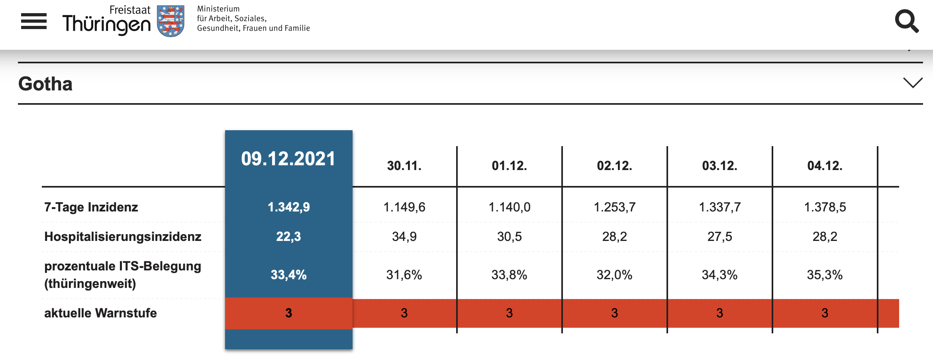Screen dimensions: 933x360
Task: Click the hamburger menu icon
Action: click(x=34, y=21)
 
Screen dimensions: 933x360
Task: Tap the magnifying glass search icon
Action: click(x=907, y=21)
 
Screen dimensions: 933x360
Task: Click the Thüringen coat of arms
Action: click(x=171, y=21)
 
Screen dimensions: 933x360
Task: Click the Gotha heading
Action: click(x=45, y=84)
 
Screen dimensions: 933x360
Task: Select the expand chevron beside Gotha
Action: click(x=913, y=83)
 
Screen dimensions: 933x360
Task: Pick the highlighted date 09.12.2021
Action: click(x=288, y=158)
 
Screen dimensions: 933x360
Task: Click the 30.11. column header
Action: click(x=404, y=166)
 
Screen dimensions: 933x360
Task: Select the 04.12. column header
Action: click(x=825, y=166)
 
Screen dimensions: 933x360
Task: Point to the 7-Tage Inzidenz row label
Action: click(x=91, y=207)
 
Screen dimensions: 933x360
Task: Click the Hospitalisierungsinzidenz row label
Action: click(x=123, y=237)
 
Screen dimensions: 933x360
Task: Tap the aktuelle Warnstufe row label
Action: click(x=100, y=313)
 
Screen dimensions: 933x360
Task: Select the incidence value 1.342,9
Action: click(x=289, y=207)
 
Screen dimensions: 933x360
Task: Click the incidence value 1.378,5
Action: click(x=825, y=207)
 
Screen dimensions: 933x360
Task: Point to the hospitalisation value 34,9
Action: click(x=404, y=237)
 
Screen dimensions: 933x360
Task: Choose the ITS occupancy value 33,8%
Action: click(x=510, y=275)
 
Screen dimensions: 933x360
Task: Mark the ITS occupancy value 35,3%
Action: click(x=825, y=275)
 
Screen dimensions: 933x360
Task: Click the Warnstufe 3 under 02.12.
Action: click(x=615, y=313)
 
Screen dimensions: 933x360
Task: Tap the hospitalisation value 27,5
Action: click(x=720, y=237)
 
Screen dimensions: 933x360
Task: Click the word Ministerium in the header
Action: click(x=218, y=9)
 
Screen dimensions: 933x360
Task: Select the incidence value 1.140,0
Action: click(x=510, y=207)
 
